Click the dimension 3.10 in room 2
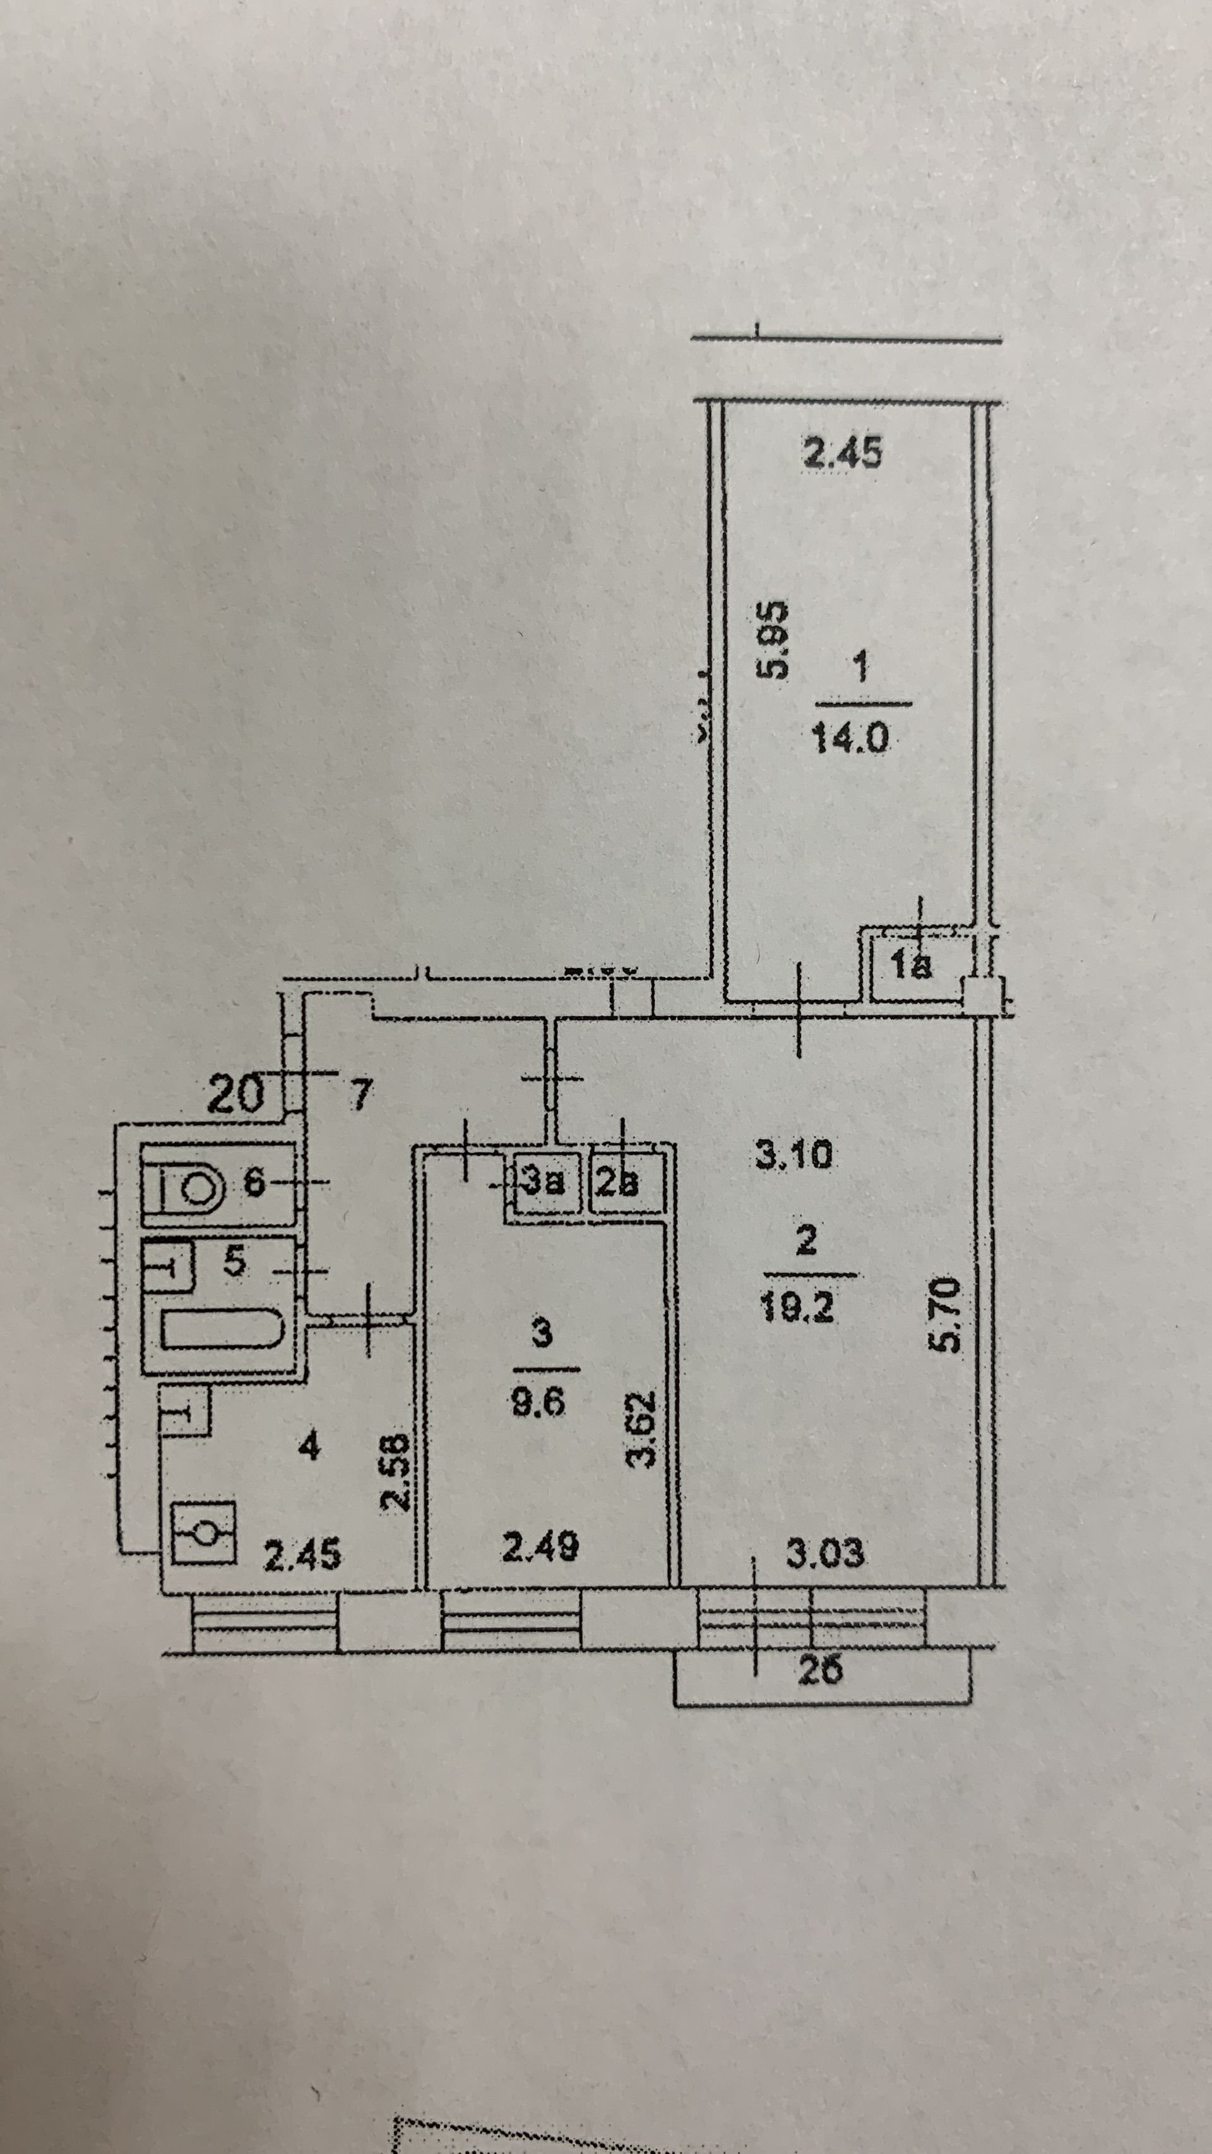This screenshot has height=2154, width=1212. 793,1156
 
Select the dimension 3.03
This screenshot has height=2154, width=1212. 825,1554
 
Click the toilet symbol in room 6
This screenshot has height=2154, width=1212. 191,1186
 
